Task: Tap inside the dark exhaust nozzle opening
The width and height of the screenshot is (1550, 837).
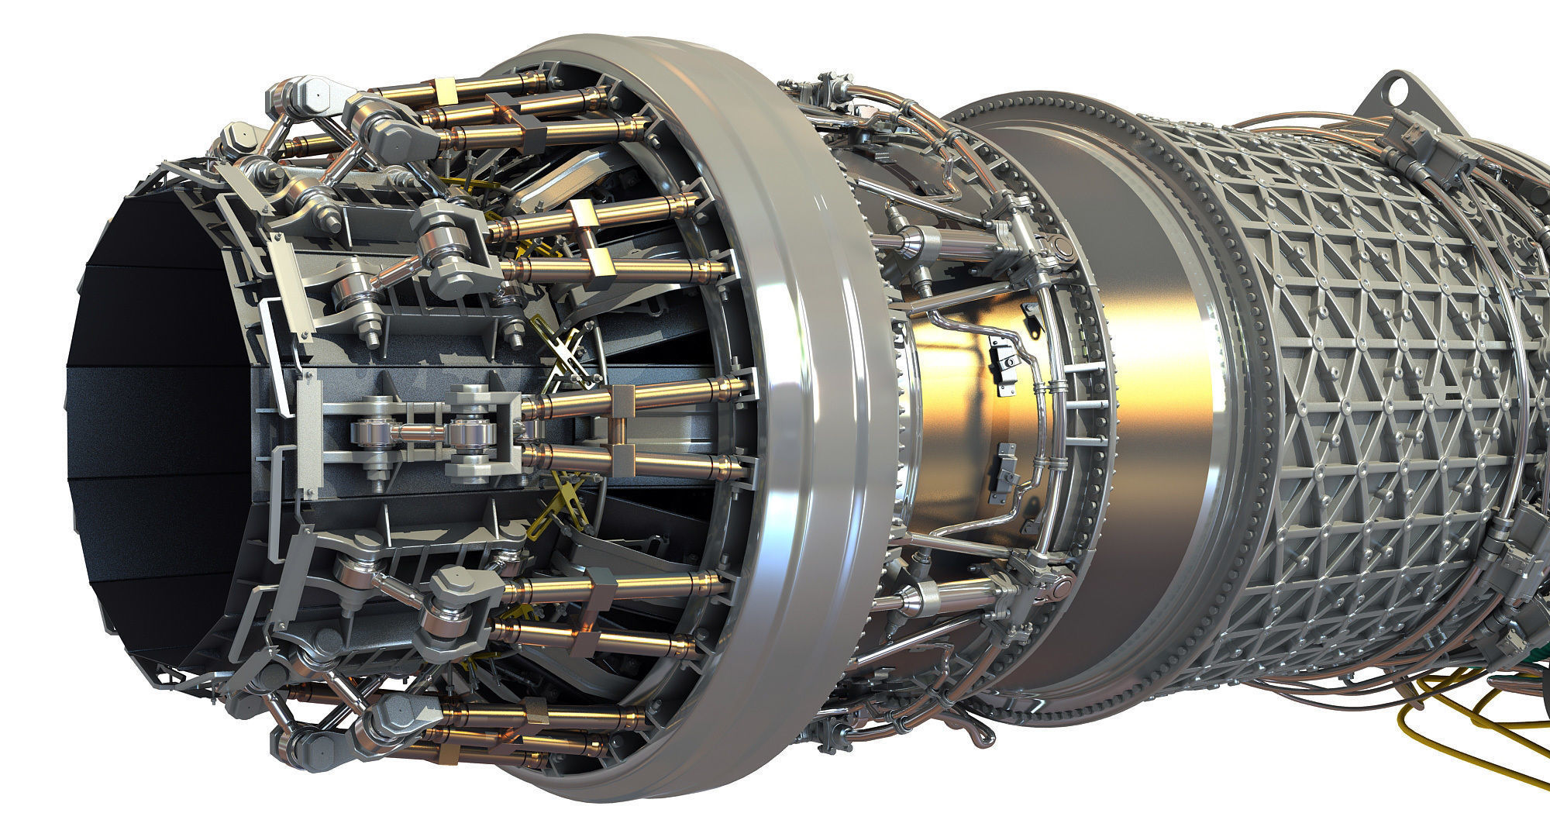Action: (x=155, y=403)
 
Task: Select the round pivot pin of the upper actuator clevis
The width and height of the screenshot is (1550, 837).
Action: (x=1058, y=246)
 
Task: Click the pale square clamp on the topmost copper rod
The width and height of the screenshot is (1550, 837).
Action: (x=447, y=89)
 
